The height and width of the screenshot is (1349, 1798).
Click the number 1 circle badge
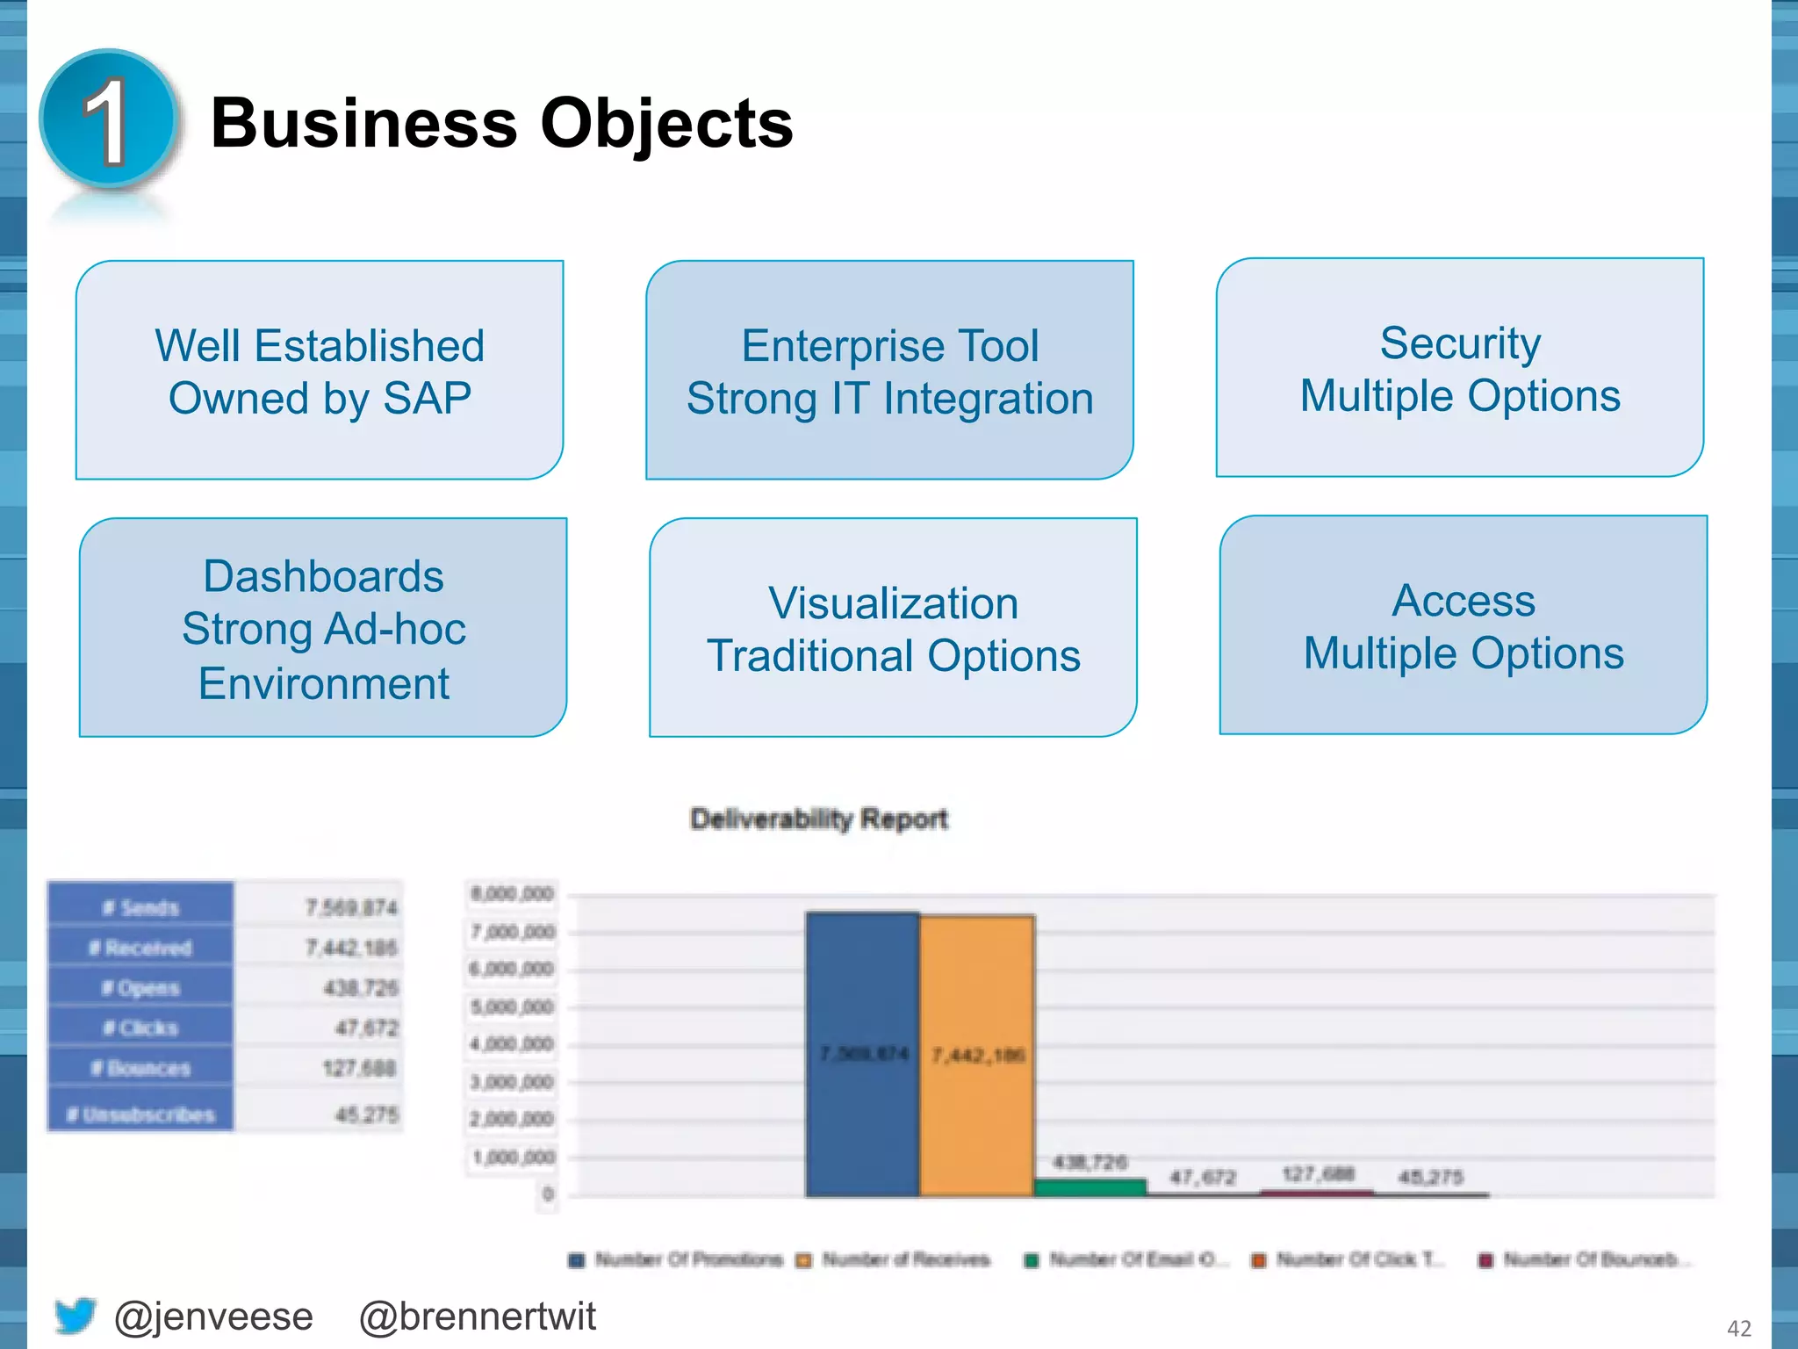point(109,119)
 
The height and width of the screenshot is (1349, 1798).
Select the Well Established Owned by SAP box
point(320,370)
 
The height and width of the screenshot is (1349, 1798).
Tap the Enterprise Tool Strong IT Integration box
point(889,370)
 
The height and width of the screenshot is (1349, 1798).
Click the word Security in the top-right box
point(1459,343)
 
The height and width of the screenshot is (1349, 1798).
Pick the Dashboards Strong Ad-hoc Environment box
point(323,627)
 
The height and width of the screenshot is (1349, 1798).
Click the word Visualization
point(893,602)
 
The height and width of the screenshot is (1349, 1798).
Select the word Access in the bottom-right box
point(1464,601)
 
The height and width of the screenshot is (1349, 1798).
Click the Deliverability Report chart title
point(818,819)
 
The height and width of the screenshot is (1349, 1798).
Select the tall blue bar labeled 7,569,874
point(862,1054)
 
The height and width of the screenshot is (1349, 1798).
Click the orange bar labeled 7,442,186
point(976,1054)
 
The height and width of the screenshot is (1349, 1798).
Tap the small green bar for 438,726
point(1090,1187)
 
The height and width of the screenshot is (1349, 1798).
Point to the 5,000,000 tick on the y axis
point(513,1006)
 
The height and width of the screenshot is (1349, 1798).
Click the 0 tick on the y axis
point(548,1194)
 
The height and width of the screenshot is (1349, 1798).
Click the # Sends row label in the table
point(140,907)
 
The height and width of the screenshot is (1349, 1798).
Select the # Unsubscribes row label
point(140,1115)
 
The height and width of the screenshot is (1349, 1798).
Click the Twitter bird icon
point(75,1315)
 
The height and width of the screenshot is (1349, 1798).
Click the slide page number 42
point(1738,1328)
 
